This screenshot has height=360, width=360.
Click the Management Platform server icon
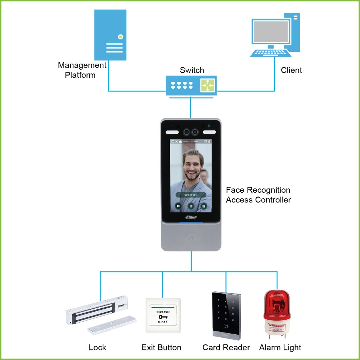[x=110, y=35]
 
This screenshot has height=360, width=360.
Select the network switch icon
[x=191, y=85]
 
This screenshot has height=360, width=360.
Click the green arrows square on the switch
[x=207, y=85]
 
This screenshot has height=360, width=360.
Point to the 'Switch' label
[x=192, y=70]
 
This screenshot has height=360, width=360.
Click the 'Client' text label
[x=291, y=70]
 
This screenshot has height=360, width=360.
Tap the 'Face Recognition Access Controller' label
[x=258, y=195]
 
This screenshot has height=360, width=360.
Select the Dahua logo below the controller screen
[x=191, y=217]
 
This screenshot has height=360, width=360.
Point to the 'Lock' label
[x=97, y=348]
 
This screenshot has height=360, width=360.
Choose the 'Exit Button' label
[x=161, y=348]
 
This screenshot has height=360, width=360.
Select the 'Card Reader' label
[x=226, y=348]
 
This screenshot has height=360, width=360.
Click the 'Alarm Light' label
[x=280, y=348]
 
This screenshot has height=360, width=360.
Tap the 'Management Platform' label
[x=82, y=70]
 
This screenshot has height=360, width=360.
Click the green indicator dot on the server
[x=121, y=36]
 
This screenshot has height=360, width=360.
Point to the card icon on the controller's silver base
[x=191, y=238]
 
